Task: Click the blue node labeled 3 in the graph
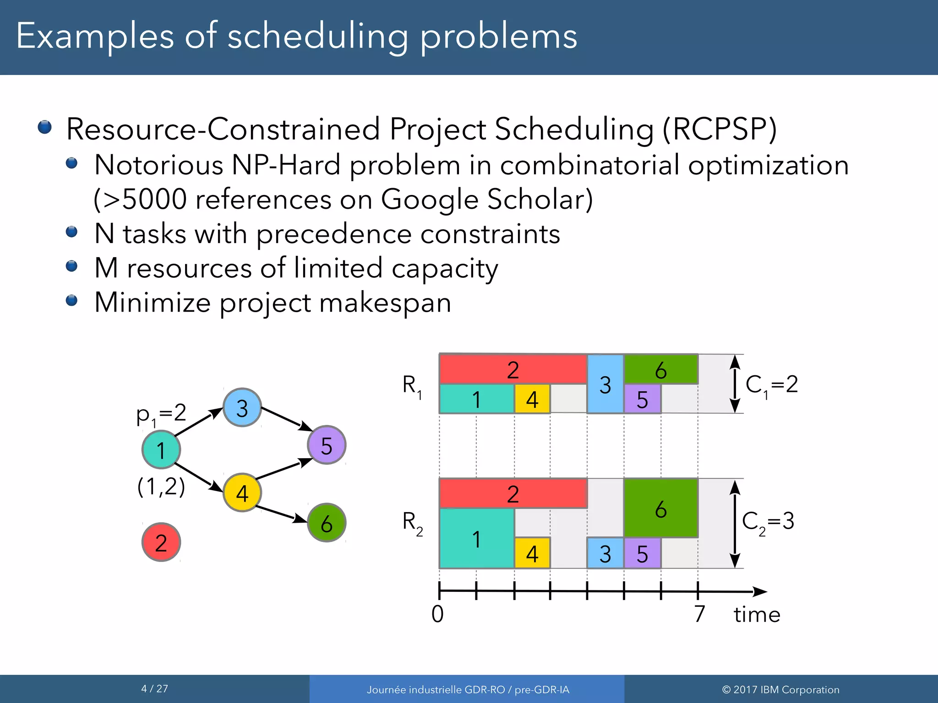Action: coord(242,407)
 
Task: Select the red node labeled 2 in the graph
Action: coord(161,542)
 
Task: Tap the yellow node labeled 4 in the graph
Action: coord(242,492)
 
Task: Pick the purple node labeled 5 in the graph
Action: coord(326,445)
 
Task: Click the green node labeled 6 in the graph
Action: coord(326,523)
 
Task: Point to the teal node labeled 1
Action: coord(161,449)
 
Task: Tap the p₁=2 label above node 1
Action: coord(161,414)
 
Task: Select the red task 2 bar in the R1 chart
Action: coord(513,369)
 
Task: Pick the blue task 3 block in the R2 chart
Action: coord(605,553)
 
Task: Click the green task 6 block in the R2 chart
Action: coord(660,508)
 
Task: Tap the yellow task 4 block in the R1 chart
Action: coord(532,399)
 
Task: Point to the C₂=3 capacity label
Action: coord(768,521)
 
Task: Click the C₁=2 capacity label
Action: coord(772,385)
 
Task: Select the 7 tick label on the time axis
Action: coord(699,614)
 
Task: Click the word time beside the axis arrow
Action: coord(757,614)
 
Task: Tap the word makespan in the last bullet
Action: coord(385,303)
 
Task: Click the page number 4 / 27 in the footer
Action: coord(155,688)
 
